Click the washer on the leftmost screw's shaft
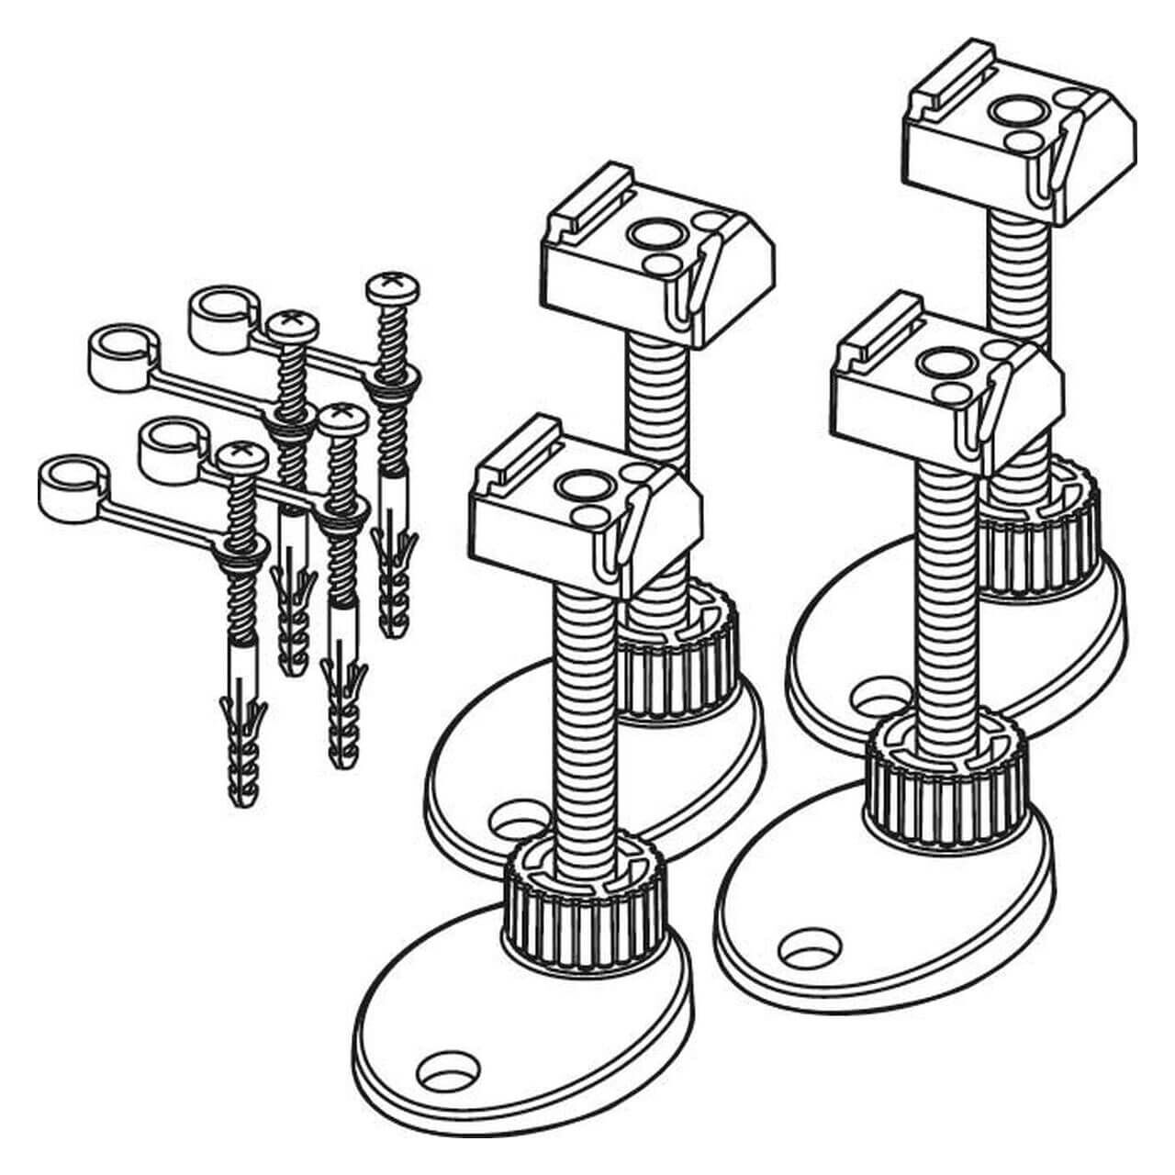[243, 552]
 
